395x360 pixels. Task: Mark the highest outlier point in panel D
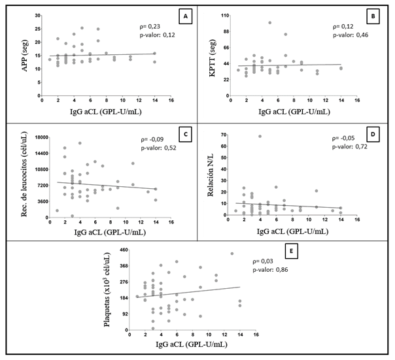point(260,137)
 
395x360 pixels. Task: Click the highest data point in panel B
point(269,23)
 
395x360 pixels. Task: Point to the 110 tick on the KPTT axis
point(223,14)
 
